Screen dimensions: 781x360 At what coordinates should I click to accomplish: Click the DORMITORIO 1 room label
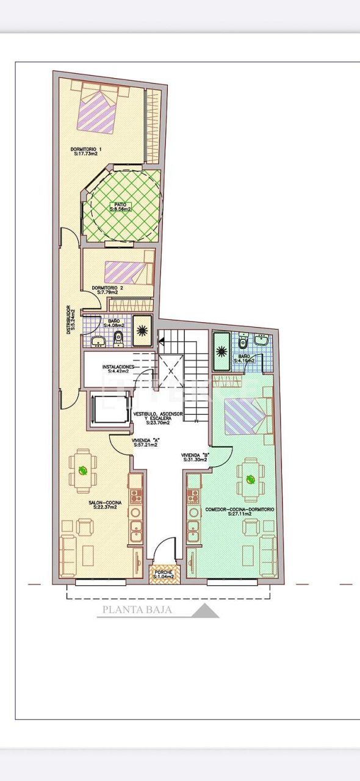85,151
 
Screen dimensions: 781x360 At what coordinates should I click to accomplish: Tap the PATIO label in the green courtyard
120,207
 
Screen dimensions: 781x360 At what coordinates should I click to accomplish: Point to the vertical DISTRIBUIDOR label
70,318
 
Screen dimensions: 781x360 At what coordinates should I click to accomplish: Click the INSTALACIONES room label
122,369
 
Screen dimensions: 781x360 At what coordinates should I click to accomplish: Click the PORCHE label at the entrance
163,574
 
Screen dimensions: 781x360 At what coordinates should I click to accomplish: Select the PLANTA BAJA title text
137,609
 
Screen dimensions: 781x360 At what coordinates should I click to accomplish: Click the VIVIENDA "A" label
145,442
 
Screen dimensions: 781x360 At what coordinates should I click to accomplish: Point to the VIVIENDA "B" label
195,458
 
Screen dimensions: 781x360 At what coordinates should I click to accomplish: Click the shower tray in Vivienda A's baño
142,331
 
